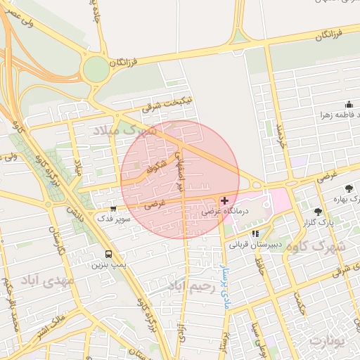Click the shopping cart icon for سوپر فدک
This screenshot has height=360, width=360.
(x=114, y=208)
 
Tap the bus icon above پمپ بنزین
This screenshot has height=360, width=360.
(x=108, y=254)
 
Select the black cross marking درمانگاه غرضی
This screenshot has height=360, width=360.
(x=224, y=201)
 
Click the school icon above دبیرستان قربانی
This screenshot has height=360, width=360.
(x=255, y=233)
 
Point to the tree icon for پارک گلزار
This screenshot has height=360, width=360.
(x=319, y=211)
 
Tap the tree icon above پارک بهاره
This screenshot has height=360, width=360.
(x=349, y=188)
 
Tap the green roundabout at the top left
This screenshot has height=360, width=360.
(x=95, y=69)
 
